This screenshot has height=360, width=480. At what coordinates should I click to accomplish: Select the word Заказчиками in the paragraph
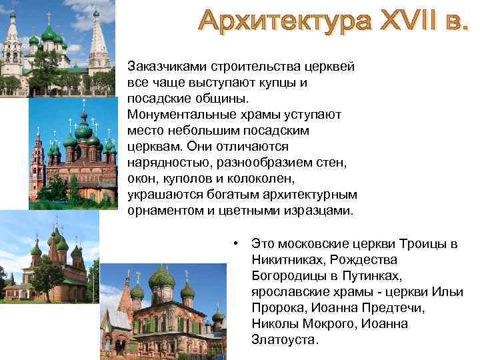(x=166, y=67)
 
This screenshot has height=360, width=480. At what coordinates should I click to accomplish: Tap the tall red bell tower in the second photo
(x=37, y=160)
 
